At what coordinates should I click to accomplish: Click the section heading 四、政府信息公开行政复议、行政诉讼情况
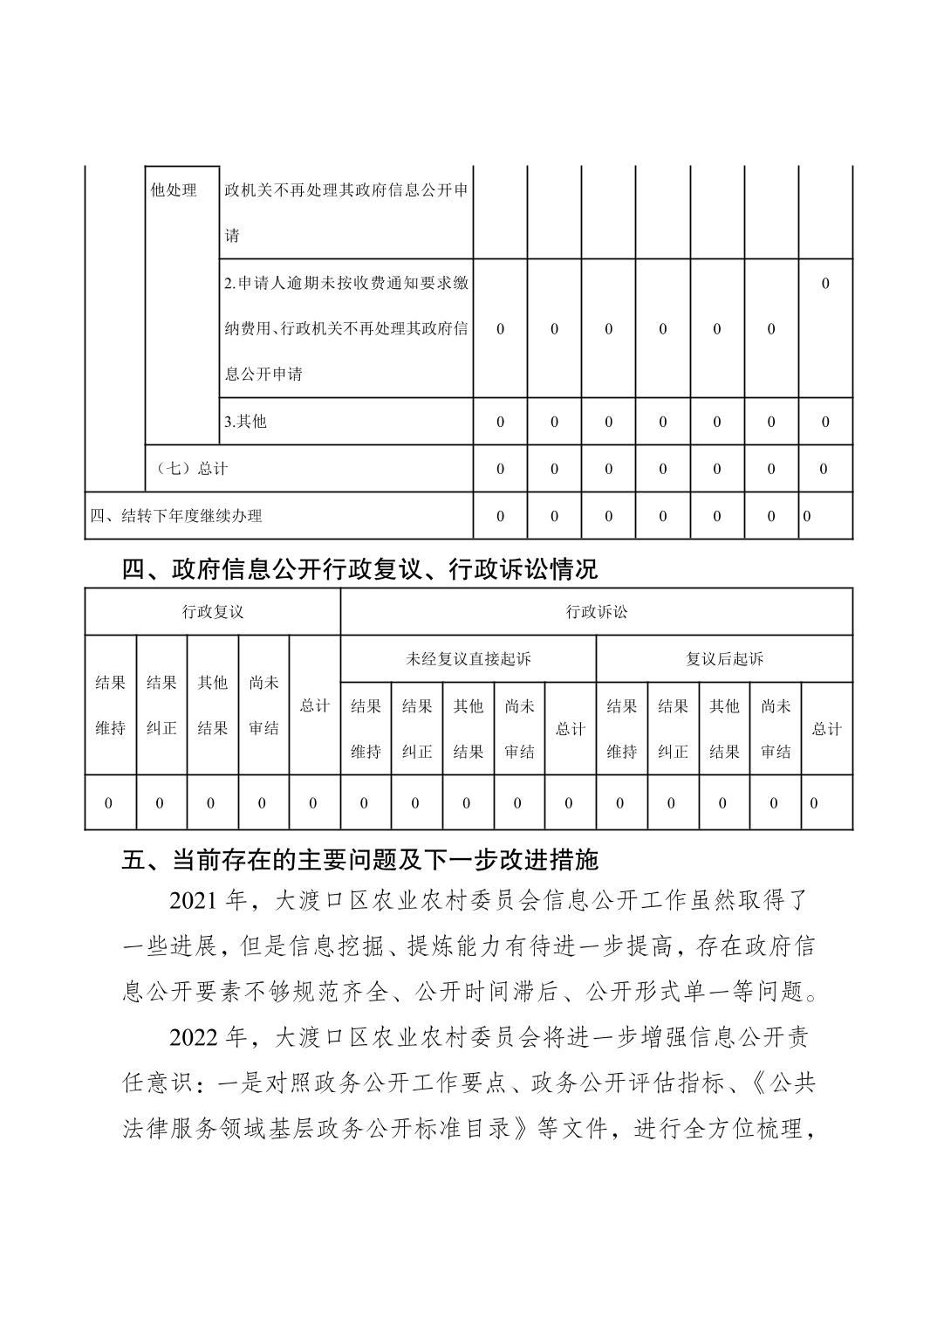tap(359, 570)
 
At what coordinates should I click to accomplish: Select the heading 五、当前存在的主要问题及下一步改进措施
tap(359, 860)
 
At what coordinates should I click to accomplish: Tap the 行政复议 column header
tap(212, 612)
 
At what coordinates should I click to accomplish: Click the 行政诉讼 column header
tap(596, 612)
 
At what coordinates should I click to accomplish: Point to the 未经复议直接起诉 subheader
tap(468, 659)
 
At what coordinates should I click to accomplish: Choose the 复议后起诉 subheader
tap(724, 659)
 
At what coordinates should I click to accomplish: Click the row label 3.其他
tap(246, 422)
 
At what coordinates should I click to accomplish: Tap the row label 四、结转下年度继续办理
tap(176, 516)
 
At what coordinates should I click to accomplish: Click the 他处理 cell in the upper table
tap(174, 189)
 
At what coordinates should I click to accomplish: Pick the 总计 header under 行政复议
tap(314, 705)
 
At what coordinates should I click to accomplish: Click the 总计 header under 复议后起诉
tap(826, 729)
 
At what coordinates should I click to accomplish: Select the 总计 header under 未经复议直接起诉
tap(570, 729)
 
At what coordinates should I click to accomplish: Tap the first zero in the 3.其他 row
tap(500, 423)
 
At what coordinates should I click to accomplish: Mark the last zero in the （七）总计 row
tap(824, 470)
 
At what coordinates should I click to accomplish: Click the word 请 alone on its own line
tap(232, 236)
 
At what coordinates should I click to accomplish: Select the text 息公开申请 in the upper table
tap(263, 375)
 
